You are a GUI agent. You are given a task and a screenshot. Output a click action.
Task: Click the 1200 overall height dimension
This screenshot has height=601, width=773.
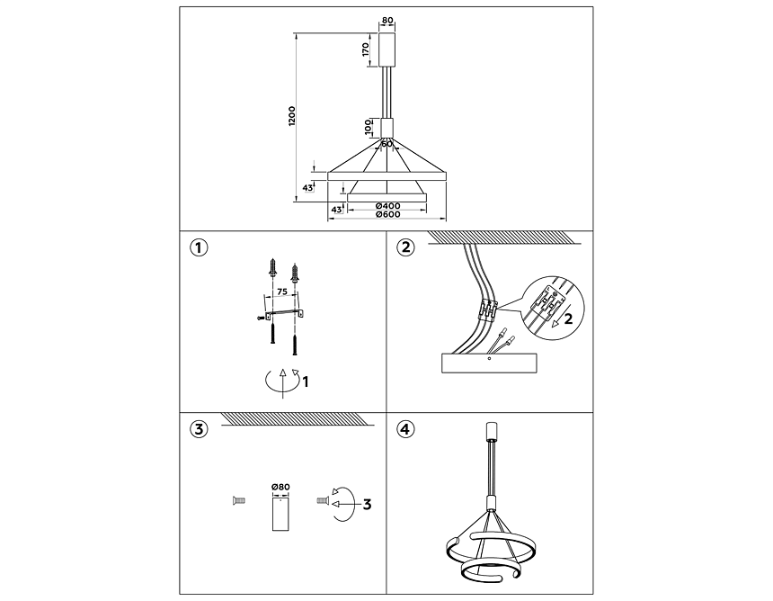(292, 116)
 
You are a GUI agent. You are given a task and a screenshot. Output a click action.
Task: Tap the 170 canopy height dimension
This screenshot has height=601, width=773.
(365, 49)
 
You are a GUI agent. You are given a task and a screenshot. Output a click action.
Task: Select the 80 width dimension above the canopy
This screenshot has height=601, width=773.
(387, 21)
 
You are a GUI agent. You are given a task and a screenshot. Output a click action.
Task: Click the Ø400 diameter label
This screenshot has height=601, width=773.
(387, 206)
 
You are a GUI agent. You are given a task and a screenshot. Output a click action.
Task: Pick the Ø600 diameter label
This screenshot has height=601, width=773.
(387, 214)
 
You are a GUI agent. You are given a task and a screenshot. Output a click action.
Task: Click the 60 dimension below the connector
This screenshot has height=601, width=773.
(386, 144)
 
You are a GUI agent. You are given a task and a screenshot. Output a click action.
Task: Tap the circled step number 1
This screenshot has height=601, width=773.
(199, 247)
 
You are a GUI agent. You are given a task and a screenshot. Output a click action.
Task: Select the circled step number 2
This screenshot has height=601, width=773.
(405, 247)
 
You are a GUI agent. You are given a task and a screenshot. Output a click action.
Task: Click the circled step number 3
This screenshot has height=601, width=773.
(199, 429)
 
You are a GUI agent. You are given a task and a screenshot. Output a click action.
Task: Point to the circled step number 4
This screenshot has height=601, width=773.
(405, 429)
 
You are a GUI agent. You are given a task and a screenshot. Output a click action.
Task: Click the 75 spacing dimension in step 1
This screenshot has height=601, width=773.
(281, 292)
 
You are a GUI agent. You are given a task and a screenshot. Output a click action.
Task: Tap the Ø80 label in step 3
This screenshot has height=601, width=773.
(280, 487)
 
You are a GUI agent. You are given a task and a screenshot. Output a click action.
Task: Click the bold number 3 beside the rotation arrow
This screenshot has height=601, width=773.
(367, 505)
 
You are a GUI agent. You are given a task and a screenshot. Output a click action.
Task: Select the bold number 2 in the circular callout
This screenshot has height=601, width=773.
(568, 319)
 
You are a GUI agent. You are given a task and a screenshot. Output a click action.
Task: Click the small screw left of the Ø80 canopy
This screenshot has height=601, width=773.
(238, 501)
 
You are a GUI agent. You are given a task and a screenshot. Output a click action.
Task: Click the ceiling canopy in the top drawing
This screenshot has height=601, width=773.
(387, 49)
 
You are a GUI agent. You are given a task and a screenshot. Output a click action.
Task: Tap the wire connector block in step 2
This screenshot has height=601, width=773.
(487, 311)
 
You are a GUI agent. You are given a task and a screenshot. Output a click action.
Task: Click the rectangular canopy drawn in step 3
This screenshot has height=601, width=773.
(280, 514)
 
